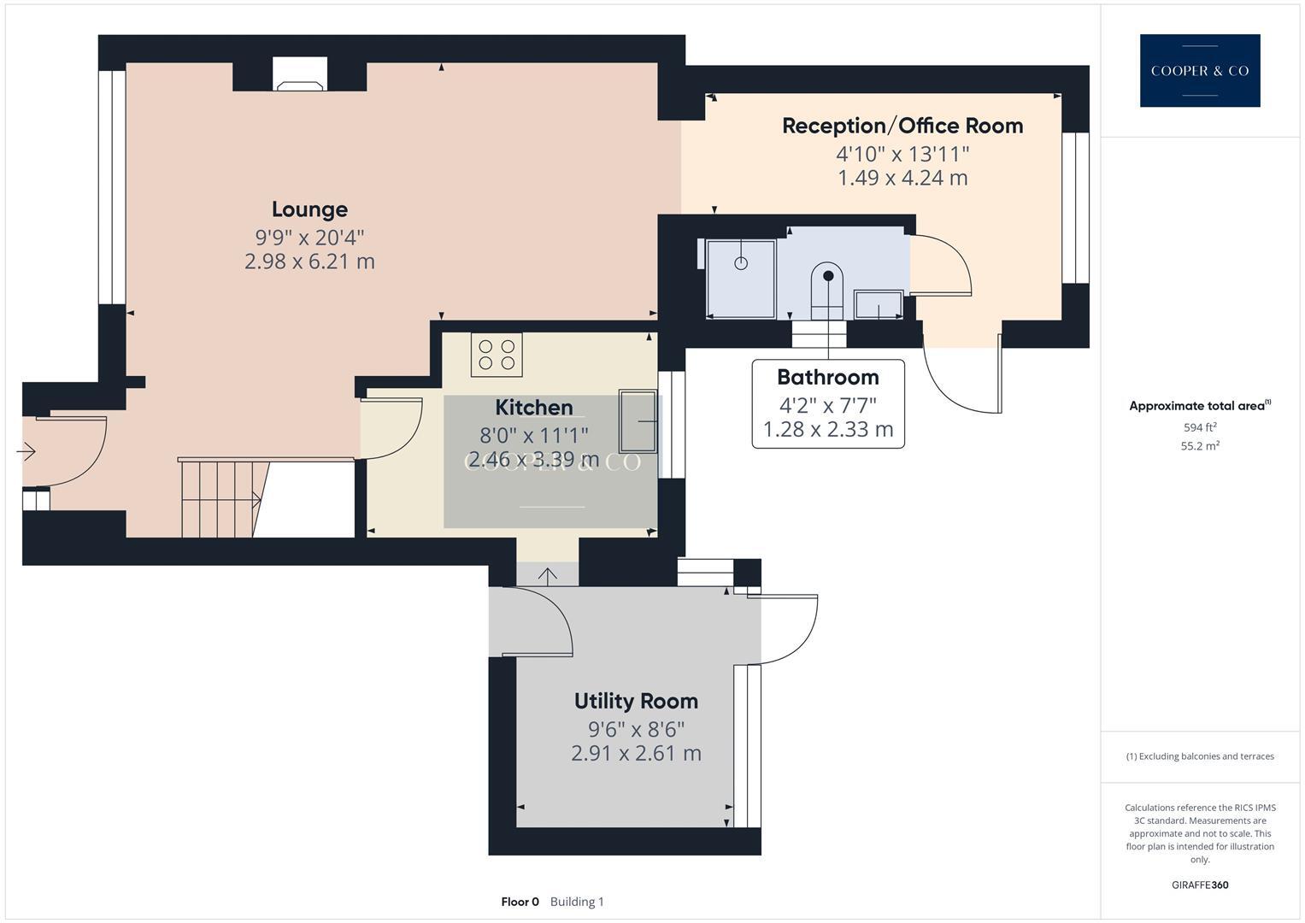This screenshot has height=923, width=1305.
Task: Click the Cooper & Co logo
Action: pyautogui.click(x=1199, y=71)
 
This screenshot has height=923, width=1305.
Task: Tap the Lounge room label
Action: pyautogui.click(x=309, y=209)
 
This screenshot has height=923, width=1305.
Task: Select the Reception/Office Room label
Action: pyautogui.click(x=902, y=126)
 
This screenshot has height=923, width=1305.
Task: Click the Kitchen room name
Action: pyautogui.click(x=534, y=408)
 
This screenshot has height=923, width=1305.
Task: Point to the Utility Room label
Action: pyautogui.click(x=636, y=702)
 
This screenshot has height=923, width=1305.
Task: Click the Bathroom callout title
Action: pyautogui.click(x=827, y=377)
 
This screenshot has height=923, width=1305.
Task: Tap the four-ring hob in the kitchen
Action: pyautogui.click(x=497, y=355)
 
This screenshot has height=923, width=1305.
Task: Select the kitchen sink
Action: pyautogui.click(x=639, y=421)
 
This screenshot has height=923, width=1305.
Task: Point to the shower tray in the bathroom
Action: pyautogui.click(x=741, y=278)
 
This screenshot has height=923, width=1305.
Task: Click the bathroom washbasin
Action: pyautogui.click(x=879, y=305)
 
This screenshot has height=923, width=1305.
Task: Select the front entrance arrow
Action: pyautogui.click(x=26, y=450)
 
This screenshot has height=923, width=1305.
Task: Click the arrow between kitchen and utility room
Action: pyautogui.click(x=547, y=575)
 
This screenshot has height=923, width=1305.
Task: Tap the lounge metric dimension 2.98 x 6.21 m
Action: pyautogui.click(x=309, y=262)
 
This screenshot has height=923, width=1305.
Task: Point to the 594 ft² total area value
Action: pyautogui.click(x=1199, y=427)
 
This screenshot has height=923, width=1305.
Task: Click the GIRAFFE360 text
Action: pyautogui.click(x=1199, y=885)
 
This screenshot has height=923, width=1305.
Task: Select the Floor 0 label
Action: pyautogui.click(x=520, y=902)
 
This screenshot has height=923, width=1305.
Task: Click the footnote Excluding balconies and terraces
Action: pyautogui.click(x=1199, y=756)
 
